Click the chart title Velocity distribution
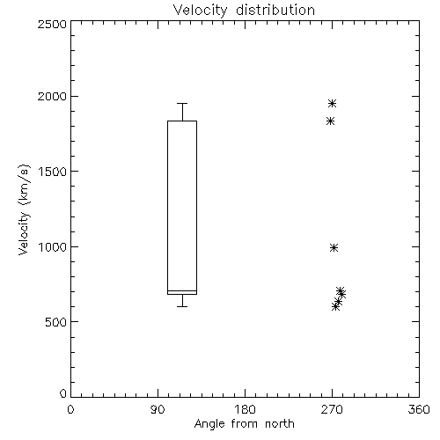(244, 11)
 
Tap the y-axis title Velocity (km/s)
(24, 209)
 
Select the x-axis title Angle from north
(244, 424)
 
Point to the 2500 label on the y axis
(52, 24)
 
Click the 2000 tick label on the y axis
(52, 96)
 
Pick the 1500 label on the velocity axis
(53, 172)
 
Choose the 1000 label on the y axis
(53, 246)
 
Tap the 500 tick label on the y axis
(56, 322)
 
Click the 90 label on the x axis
(158, 409)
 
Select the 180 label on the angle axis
(245, 409)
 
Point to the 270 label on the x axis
(332, 409)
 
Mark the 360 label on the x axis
(419, 409)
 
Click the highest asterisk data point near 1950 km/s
(332, 103)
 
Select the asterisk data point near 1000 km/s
(334, 248)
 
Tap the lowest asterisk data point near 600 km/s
(335, 307)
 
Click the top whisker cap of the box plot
(182, 103)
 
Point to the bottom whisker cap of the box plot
(182, 306)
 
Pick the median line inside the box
(182, 290)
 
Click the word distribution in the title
(275, 11)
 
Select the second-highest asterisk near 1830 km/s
(330, 121)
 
